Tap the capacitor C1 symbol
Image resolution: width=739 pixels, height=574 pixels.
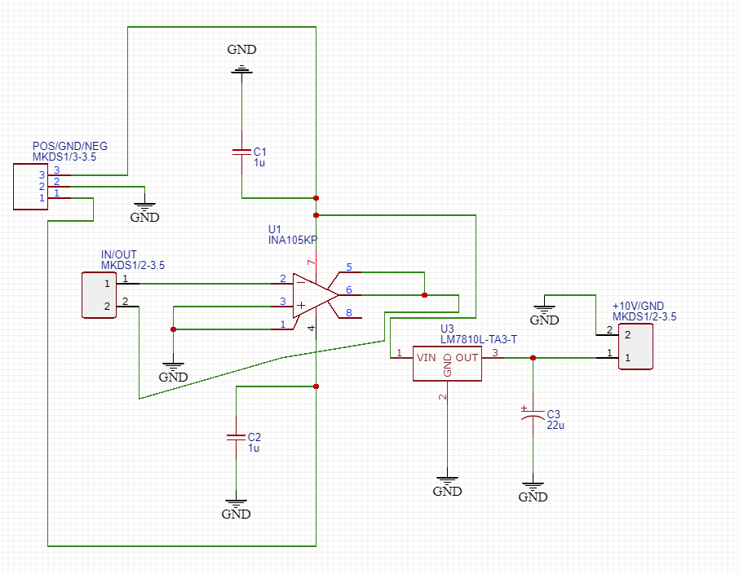click(241, 152)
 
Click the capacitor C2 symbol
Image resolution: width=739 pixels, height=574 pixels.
click(236, 438)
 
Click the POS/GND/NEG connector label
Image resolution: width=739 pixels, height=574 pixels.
click(69, 146)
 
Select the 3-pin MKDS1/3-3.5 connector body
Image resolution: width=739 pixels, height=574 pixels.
click(29, 187)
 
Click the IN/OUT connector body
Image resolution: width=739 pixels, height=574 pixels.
click(98, 294)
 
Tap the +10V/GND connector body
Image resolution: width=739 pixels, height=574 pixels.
click(635, 347)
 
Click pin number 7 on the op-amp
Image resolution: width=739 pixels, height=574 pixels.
click(310, 263)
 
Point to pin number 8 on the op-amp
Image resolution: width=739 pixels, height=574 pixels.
click(349, 312)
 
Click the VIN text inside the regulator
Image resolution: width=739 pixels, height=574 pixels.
click(426, 357)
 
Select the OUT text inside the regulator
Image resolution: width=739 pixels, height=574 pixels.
click(467, 357)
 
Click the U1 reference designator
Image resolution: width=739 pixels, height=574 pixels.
click(274, 228)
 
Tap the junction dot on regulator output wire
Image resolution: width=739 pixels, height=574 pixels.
click(533, 358)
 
